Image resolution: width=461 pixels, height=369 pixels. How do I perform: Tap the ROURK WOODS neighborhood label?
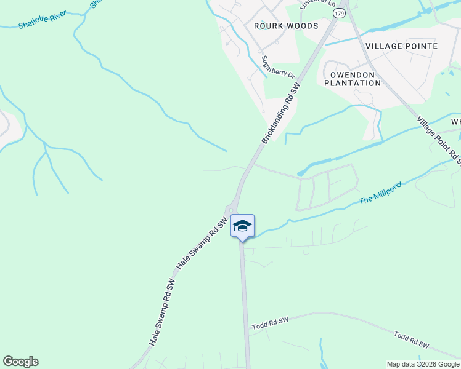coord(286,26)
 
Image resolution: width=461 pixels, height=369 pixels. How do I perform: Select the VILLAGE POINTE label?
coord(401,46)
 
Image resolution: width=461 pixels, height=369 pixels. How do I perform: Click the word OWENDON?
coord(353,74)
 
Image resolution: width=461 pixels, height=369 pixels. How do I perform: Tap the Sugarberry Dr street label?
coord(278,66)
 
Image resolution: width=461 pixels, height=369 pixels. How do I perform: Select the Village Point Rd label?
coord(438,140)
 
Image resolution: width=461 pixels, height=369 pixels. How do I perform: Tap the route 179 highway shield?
coord(338,13)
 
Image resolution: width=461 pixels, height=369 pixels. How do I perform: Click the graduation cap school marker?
coord(243,226)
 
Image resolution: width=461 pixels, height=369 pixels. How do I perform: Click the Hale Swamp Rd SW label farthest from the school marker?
coord(162,313)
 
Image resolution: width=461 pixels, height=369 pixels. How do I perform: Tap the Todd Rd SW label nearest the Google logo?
coord(270,323)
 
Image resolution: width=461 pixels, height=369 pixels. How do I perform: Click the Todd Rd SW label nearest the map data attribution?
coord(411,341)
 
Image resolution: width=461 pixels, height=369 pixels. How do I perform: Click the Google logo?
coord(20,362)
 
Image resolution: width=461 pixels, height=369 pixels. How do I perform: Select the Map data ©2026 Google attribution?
coord(423,364)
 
